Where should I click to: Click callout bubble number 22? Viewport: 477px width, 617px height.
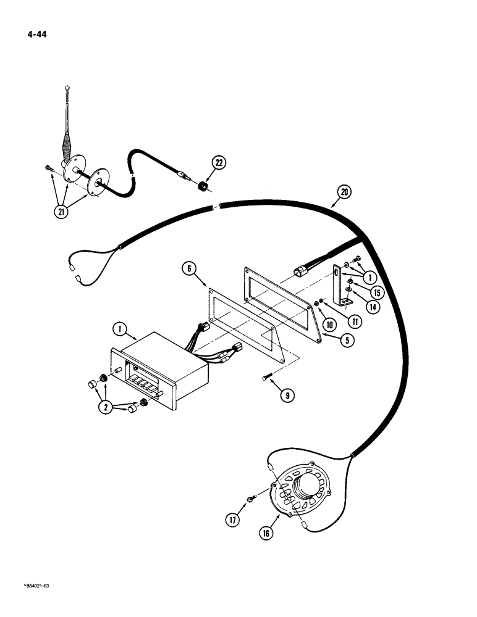[219, 163]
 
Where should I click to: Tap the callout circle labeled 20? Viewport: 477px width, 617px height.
[344, 191]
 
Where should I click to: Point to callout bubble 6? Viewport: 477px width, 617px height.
[190, 268]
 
